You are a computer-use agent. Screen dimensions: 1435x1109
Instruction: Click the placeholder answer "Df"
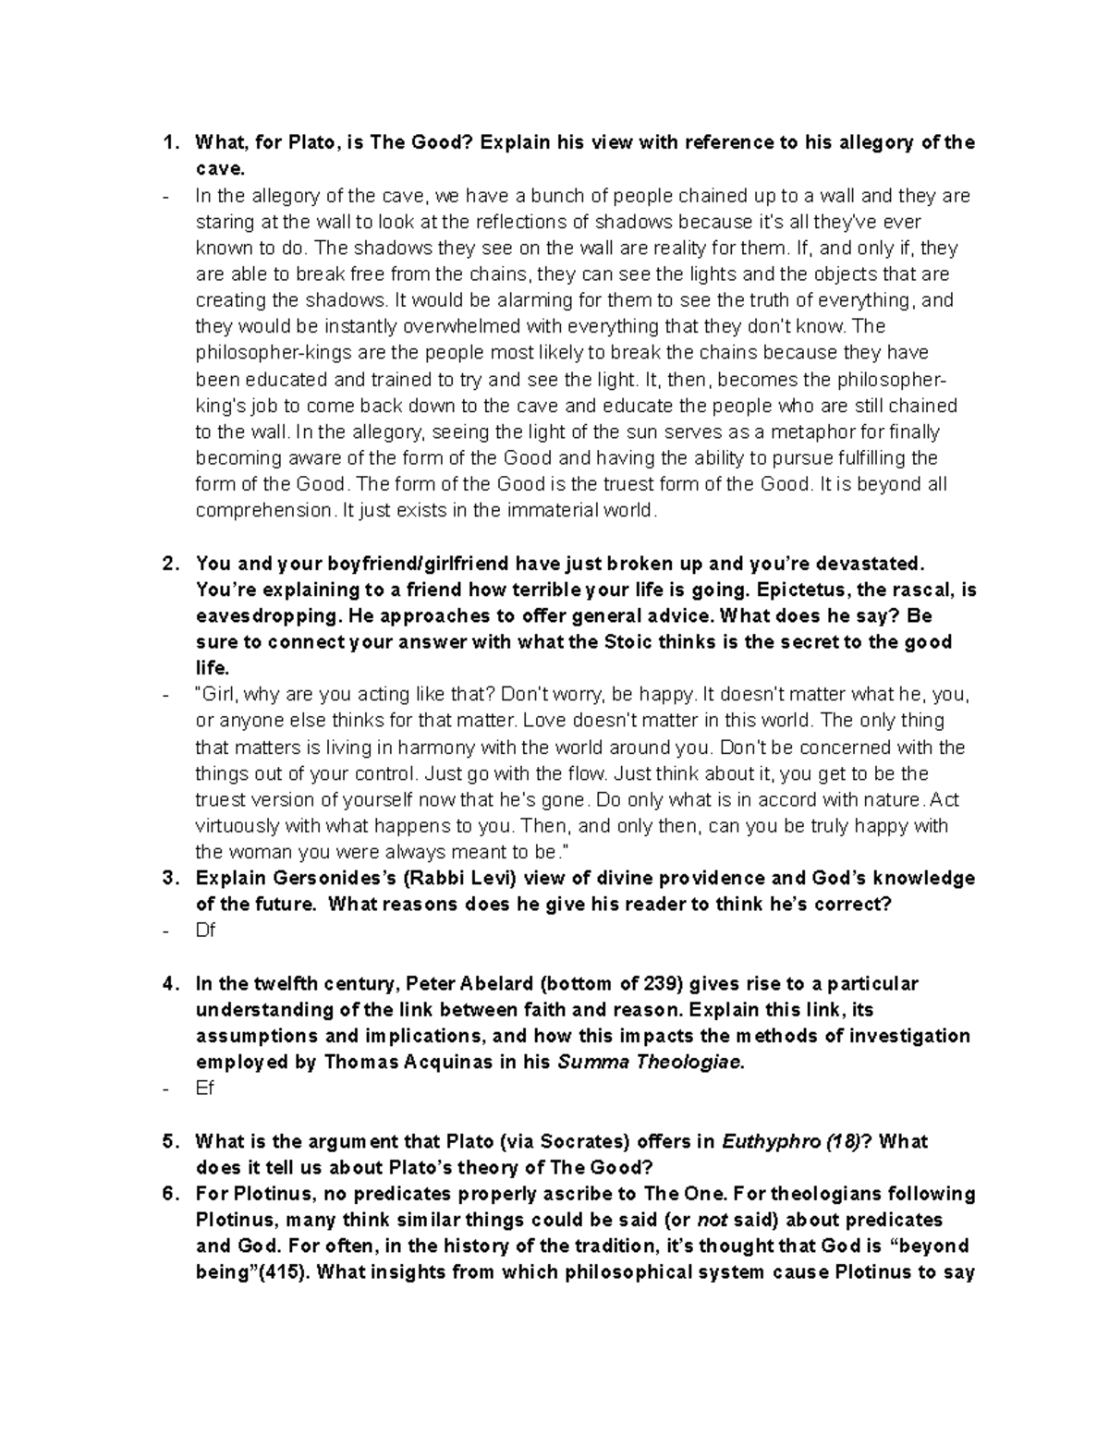pos(205,930)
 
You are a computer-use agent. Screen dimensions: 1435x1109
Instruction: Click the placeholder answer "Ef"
pos(204,1088)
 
